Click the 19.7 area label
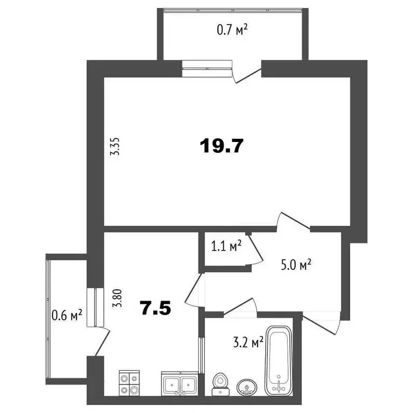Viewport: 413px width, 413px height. tap(222, 146)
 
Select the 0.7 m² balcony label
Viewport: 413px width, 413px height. tap(232, 31)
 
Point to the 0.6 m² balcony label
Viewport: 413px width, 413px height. tap(67, 314)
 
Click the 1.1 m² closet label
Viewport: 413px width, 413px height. tap(226, 246)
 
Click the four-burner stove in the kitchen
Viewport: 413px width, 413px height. tap(129, 384)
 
